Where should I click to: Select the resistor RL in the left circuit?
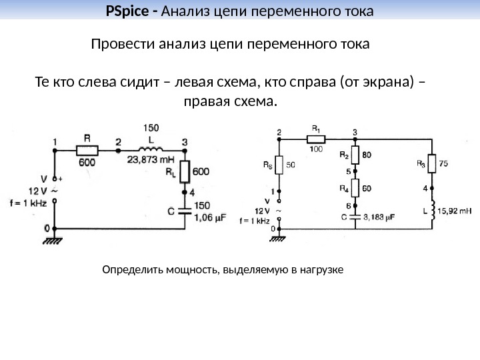click(185, 171)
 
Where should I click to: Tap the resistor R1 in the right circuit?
click(315, 139)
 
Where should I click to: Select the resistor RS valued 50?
click(279, 163)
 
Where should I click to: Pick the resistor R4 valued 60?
click(355, 188)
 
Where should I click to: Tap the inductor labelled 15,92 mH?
click(431, 211)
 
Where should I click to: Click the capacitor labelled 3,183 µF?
click(355, 217)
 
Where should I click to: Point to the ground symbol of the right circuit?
click(280, 237)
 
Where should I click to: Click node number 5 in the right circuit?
click(347, 172)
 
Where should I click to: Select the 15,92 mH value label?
click(457, 211)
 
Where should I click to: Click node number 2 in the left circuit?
click(118, 142)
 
